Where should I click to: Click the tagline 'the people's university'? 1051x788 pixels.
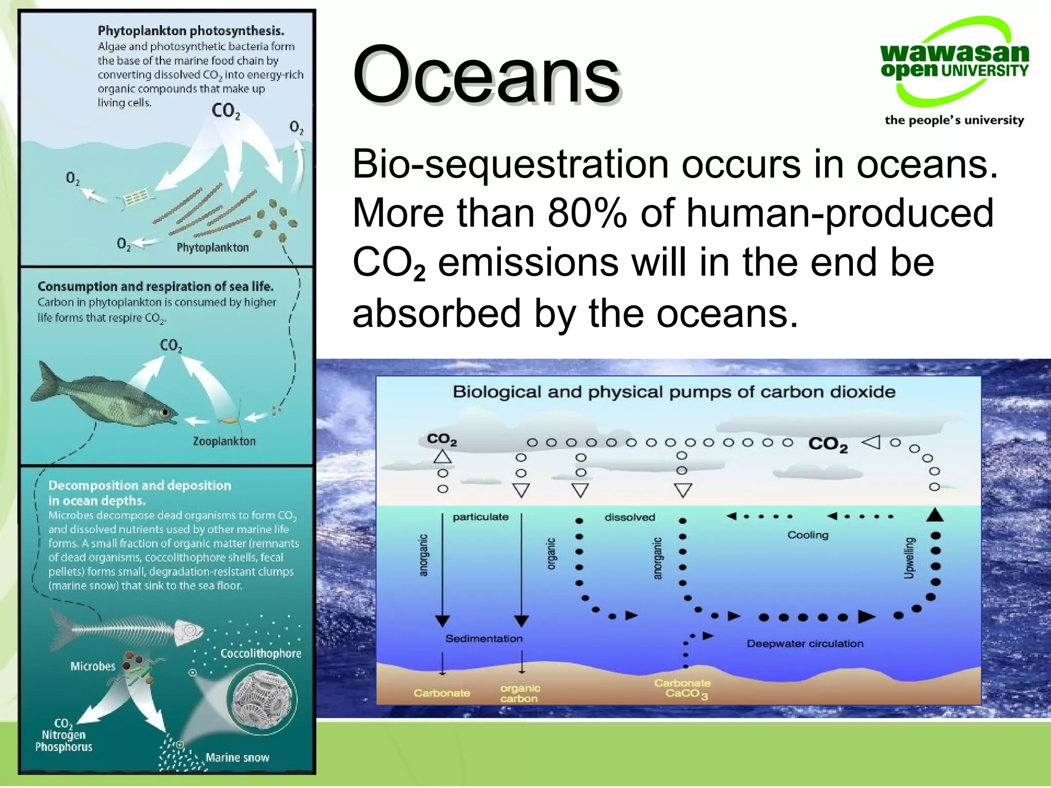click(954, 120)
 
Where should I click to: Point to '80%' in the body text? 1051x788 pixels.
click(587, 213)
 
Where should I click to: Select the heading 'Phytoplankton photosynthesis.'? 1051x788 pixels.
click(191, 31)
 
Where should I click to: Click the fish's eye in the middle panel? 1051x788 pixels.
click(165, 412)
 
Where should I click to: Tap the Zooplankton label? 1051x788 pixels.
click(224, 441)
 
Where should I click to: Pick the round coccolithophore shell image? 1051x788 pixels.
click(262, 698)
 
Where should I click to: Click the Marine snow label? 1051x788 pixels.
click(237, 758)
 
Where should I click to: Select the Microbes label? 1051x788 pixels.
click(93, 666)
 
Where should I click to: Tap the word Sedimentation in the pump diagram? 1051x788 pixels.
click(483, 639)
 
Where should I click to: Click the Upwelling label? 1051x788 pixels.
click(909, 558)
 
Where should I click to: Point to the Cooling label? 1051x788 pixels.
click(808, 535)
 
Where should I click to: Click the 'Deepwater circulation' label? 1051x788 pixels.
click(805, 644)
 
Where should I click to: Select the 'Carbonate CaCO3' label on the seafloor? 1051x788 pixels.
click(683, 688)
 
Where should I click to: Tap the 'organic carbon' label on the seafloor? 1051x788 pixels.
click(520, 693)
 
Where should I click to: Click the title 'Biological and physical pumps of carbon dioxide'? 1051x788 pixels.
click(674, 392)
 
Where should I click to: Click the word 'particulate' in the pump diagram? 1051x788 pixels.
click(480, 517)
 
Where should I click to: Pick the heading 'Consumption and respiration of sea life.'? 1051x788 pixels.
click(155, 286)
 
